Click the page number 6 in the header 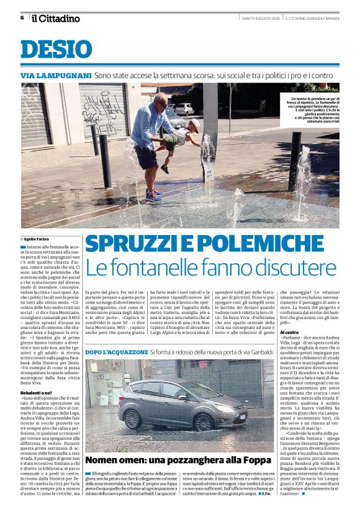pyautogui.click(x=22, y=17)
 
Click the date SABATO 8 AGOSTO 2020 pyautogui.click(x=259, y=17)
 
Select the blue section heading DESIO pyautogui.click(x=56, y=50)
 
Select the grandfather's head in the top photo pyautogui.click(x=161, y=101)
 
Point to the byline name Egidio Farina pyautogui.click(x=38, y=238)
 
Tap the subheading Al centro pyautogui.click(x=290, y=333)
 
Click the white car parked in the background pyautogui.click(x=183, y=109)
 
